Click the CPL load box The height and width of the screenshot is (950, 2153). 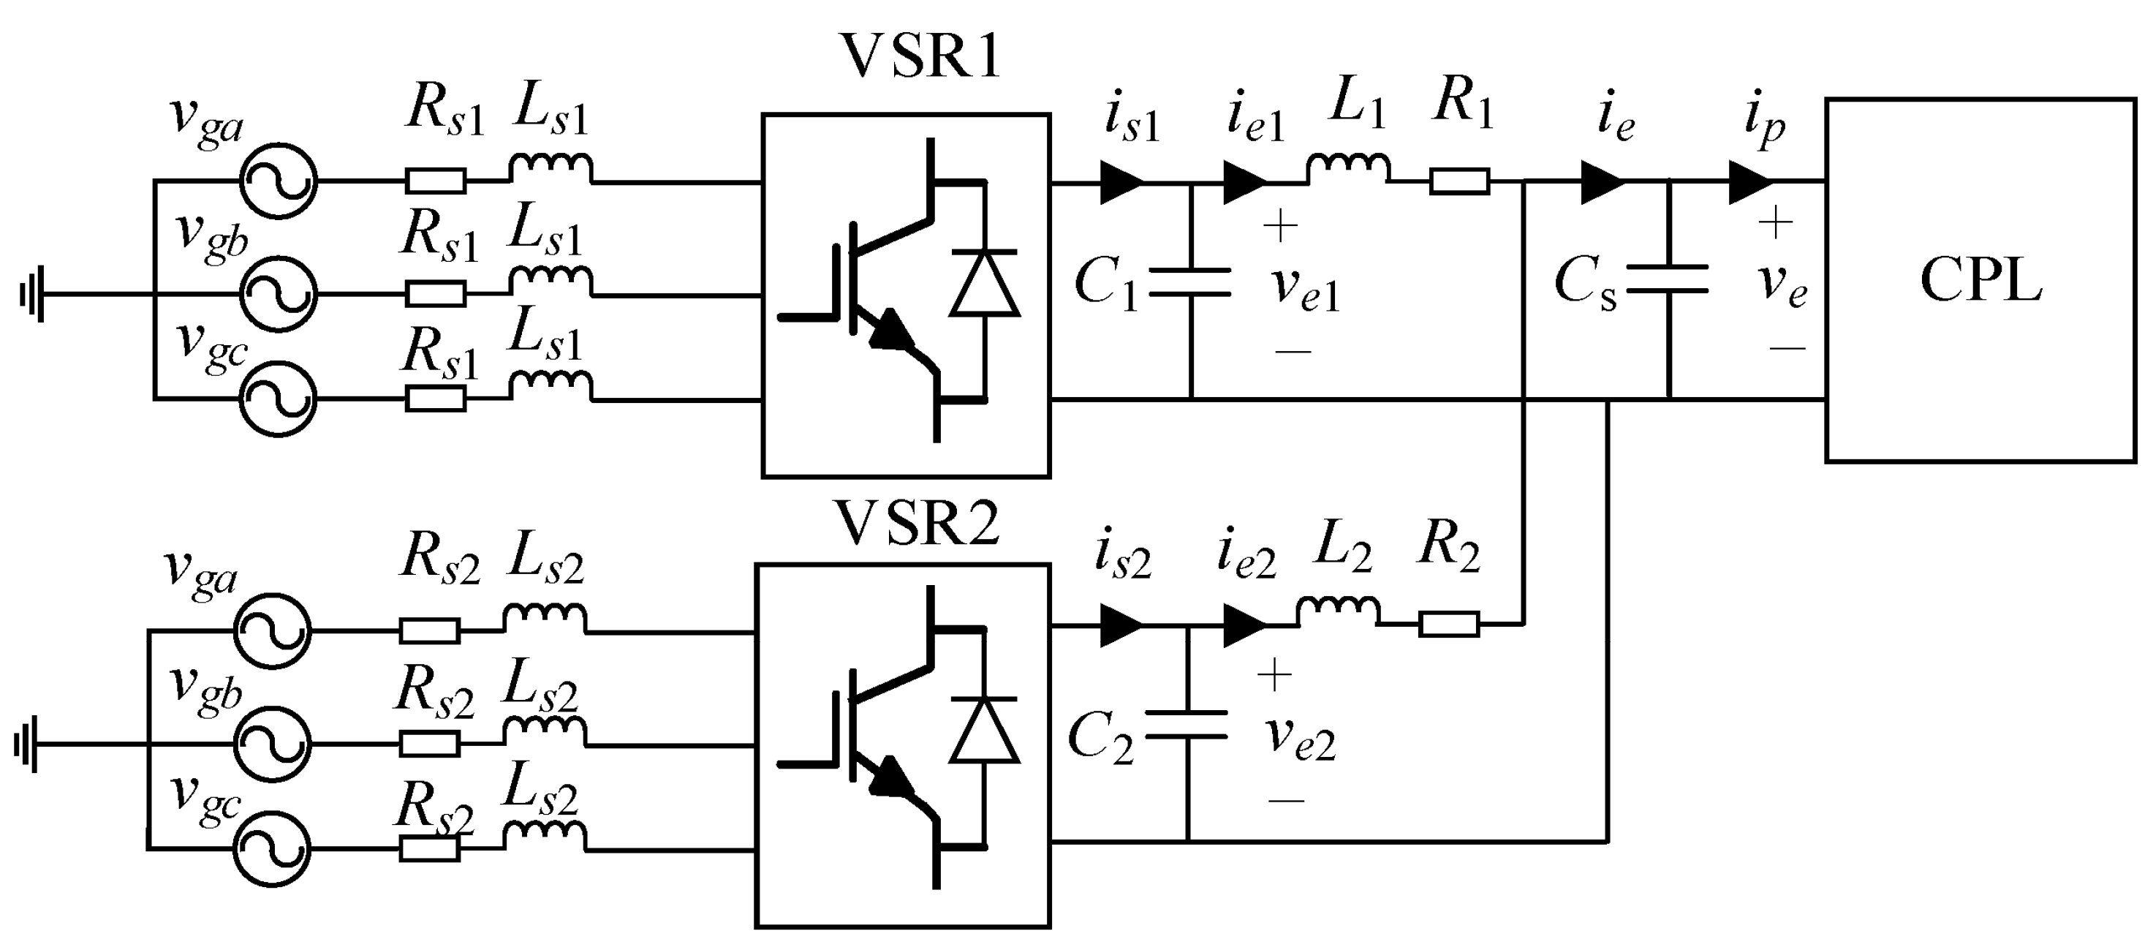[1980, 280]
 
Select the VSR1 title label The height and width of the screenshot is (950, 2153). [920, 57]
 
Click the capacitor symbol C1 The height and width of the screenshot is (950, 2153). [1190, 282]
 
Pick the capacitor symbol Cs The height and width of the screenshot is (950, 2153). [1668, 279]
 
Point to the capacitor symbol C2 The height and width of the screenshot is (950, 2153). [1186, 725]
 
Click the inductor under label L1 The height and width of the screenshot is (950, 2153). [1348, 170]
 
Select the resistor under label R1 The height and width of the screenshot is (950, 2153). [1459, 181]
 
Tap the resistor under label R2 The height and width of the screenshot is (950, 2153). [1448, 624]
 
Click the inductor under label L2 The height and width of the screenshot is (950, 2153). [1338, 612]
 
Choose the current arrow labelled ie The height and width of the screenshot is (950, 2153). [1603, 181]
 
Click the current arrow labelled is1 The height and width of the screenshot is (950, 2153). [1122, 181]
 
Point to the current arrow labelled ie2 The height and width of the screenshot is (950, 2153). [1244, 625]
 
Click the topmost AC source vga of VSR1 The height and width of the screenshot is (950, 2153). [279, 181]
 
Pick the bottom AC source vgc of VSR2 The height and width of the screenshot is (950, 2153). [272, 849]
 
